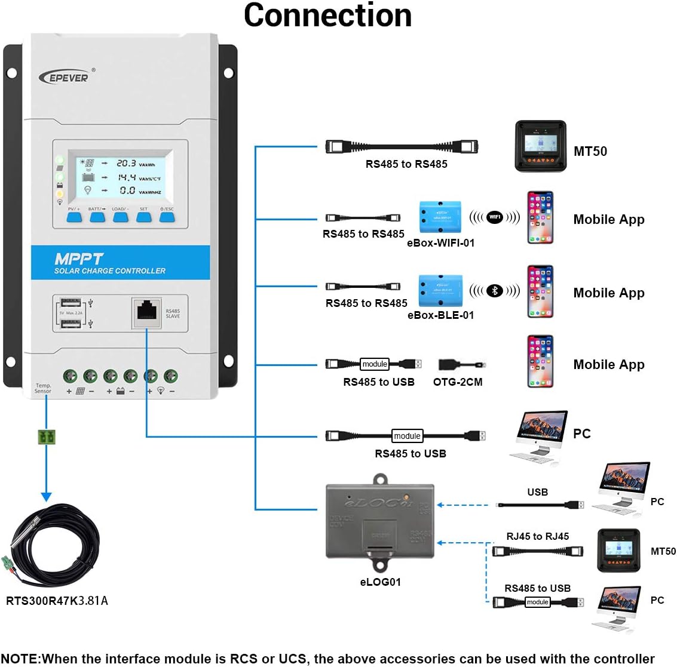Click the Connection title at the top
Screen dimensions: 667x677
click(327, 16)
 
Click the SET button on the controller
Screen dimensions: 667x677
click(144, 217)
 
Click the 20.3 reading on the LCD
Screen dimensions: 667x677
click(126, 163)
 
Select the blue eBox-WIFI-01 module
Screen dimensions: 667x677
click(441, 217)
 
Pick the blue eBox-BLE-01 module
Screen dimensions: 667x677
click(441, 290)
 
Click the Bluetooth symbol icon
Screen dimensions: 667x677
click(494, 291)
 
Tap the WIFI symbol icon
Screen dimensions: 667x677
click(494, 217)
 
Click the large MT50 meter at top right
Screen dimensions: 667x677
click(540, 146)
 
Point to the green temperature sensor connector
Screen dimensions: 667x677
click(46, 437)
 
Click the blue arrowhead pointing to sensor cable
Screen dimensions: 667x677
click(46, 497)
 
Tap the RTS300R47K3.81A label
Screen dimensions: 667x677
click(57, 601)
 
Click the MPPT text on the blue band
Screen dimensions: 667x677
click(79, 259)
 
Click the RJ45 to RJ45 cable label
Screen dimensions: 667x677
click(537, 536)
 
